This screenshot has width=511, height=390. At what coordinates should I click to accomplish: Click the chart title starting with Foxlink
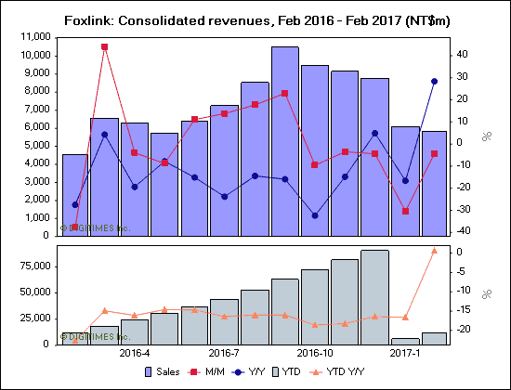[x=255, y=19]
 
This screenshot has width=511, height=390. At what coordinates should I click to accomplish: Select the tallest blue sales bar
[x=284, y=139]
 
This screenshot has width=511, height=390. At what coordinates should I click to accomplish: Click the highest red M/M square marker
[x=104, y=46]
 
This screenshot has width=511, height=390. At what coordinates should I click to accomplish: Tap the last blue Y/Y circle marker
[x=434, y=82]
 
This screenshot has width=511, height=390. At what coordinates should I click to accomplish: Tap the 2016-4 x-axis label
[x=135, y=354]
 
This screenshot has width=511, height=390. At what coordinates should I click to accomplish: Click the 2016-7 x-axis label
[x=225, y=354]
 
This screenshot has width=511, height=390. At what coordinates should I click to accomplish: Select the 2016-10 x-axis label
[x=315, y=354]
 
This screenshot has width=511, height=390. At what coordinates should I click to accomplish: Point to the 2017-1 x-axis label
[x=404, y=354]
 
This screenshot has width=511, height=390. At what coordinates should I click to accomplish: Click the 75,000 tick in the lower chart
[x=36, y=266]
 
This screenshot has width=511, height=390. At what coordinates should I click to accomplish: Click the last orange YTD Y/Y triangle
[x=434, y=250]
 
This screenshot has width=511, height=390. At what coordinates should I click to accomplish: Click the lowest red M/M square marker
[x=74, y=227]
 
